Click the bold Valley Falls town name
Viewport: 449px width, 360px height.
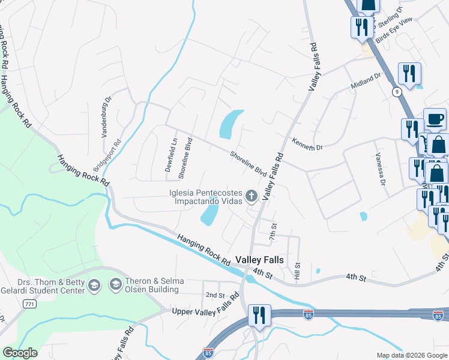coord(263,260)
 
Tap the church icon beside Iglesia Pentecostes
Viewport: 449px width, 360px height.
coord(252,196)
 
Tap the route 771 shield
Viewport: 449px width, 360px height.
coord(29,305)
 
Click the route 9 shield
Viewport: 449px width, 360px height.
coord(397,92)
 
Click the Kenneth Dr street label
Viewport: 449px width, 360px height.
coord(307,144)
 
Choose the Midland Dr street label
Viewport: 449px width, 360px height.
coord(366,83)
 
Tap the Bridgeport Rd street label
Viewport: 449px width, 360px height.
coord(107,157)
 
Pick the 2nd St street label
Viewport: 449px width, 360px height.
coord(214,295)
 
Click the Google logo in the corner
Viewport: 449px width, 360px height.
coord(20,353)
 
